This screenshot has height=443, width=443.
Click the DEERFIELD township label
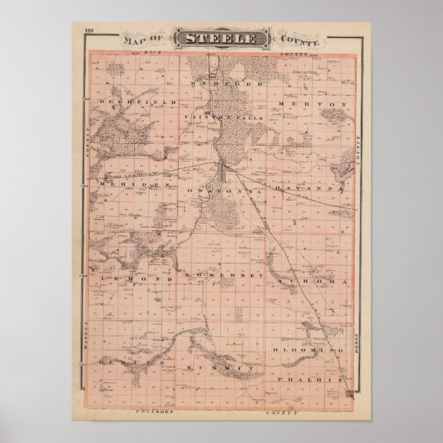tap(129, 102)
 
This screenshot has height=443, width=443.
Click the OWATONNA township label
tap(217, 187)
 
